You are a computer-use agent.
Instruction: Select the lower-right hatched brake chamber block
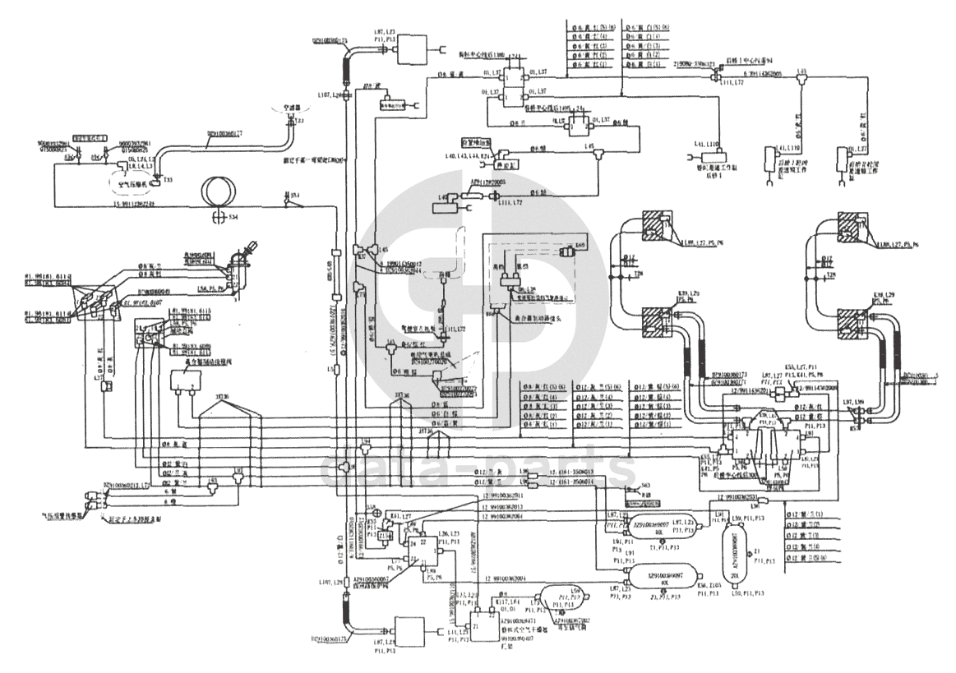tap(858, 323)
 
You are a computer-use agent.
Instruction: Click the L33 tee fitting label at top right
tap(802, 71)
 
